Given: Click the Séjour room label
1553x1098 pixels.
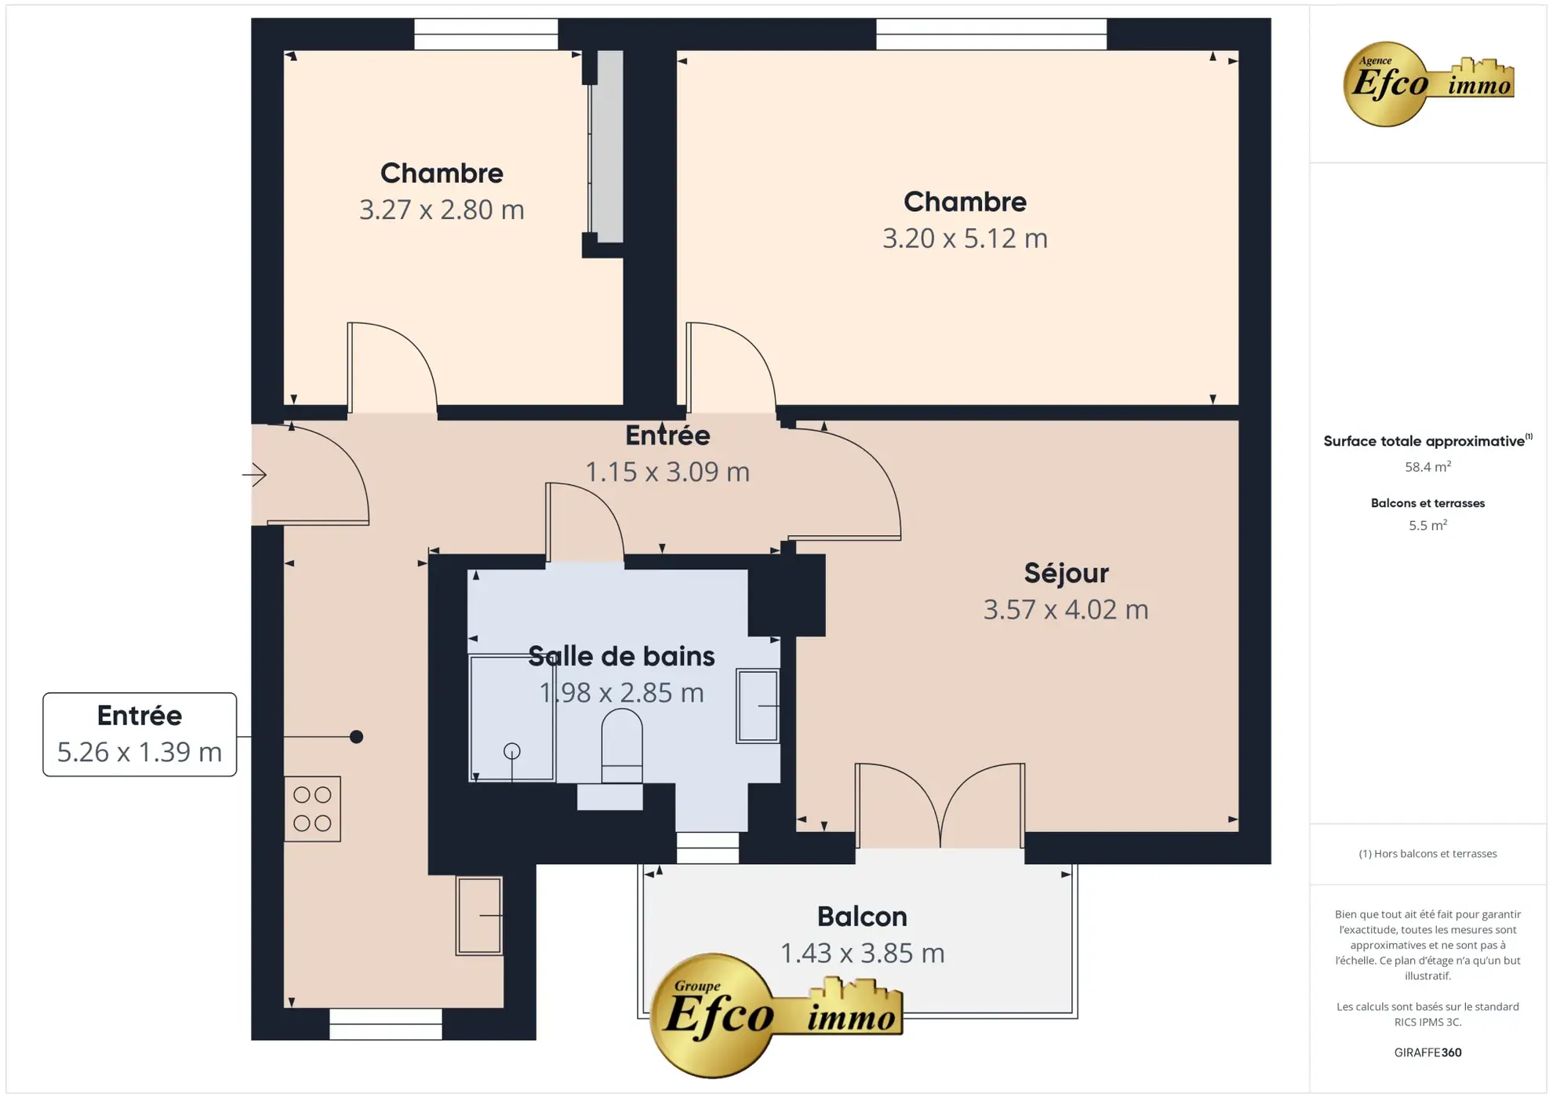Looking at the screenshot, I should [1065, 573].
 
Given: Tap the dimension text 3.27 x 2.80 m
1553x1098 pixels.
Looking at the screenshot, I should [442, 210].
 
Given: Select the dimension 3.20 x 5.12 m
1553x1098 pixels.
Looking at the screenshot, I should [964, 239].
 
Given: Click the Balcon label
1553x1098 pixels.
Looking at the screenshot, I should [861, 917].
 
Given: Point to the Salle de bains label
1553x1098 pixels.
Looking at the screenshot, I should [620, 656].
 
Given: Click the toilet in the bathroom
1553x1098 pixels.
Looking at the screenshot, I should [621, 746].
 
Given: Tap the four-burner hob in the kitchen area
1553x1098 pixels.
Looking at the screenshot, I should [312, 809].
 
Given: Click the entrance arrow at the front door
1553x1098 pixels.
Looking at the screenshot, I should [254, 474].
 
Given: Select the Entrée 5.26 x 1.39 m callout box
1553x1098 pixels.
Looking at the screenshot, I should [140, 735].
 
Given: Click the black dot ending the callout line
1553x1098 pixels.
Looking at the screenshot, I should [356, 736].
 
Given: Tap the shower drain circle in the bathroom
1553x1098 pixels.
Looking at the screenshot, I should [511, 751].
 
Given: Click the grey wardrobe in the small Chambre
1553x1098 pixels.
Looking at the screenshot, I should [606, 147].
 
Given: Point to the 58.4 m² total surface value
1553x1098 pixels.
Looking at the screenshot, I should [1427, 467].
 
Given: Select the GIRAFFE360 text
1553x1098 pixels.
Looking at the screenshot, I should [1427, 1052].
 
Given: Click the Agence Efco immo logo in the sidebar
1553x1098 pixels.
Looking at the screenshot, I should [1427, 83].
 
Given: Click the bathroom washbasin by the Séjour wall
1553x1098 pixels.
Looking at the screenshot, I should [757, 706].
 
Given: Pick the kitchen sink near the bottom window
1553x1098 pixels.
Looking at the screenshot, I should [478, 915].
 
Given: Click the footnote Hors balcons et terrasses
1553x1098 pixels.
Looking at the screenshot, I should [1427, 854].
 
